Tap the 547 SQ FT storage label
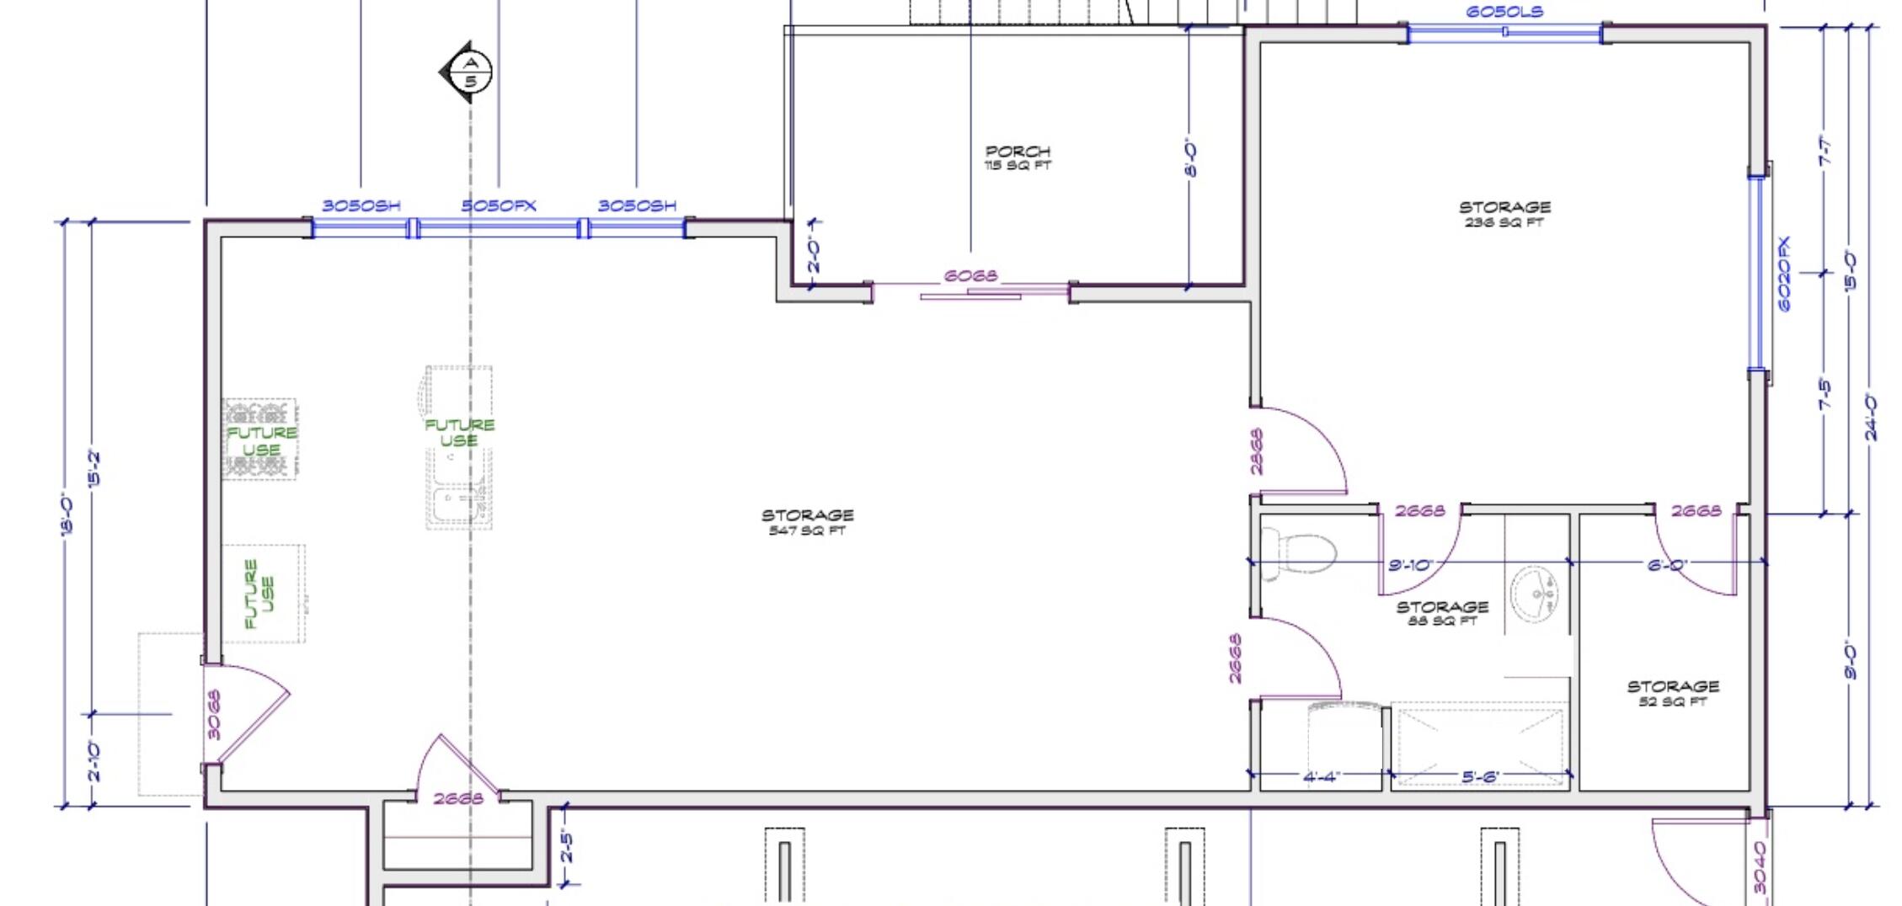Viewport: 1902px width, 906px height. tap(807, 522)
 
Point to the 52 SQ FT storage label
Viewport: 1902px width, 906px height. tap(1672, 693)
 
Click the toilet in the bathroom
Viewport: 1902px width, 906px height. tap(1305, 554)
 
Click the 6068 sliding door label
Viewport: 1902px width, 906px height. tap(970, 275)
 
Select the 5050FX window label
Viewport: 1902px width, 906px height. tap(498, 205)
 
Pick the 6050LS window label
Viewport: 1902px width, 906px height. tap(1504, 12)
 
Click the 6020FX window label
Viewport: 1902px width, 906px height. tap(1784, 274)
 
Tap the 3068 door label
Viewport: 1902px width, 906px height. tap(213, 715)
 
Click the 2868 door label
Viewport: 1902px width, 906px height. tap(1256, 451)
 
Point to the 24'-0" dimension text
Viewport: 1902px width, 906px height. tap(1870, 417)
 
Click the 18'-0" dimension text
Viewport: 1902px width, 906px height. tap(68, 514)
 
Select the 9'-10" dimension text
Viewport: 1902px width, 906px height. tap(1409, 565)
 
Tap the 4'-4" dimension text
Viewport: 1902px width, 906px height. tap(1321, 776)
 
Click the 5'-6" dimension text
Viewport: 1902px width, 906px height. tap(1479, 776)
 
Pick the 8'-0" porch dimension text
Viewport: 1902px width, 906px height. tap(1191, 157)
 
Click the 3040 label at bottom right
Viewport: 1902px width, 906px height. tap(1760, 867)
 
